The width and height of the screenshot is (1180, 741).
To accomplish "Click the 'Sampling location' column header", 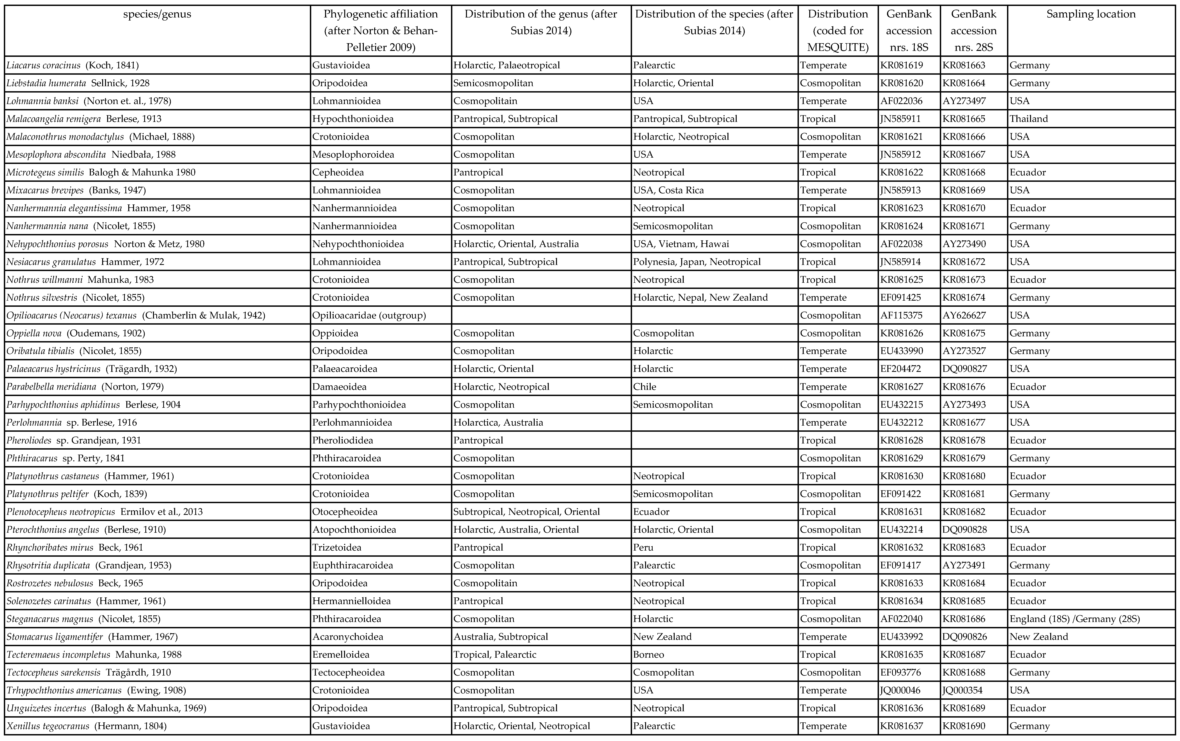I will pyautogui.click(x=1091, y=14).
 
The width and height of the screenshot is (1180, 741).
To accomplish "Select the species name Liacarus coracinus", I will pyautogui.click(x=44, y=65).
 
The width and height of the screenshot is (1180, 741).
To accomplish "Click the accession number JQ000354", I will pyautogui.click(x=964, y=690).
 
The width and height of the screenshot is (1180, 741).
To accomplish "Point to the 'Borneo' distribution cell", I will pyautogui.click(x=648, y=654).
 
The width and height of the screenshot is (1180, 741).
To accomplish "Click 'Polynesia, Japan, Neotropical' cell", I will pyautogui.click(x=697, y=262).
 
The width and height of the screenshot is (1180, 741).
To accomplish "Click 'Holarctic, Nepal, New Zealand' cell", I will pyautogui.click(x=700, y=298).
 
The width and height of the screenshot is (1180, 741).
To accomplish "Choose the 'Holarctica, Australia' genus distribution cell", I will pyautogui.click(x=498, y=423).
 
